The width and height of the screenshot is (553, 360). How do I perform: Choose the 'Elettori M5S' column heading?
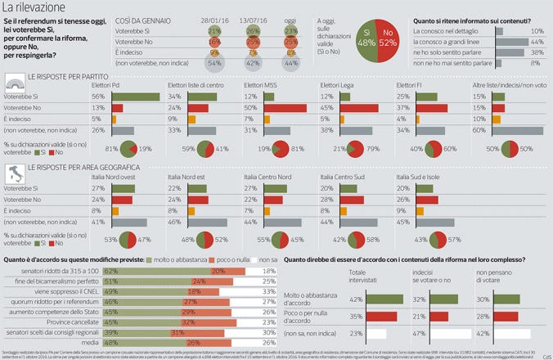point(260,83)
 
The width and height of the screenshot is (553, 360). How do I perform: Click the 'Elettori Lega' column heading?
point(337,83)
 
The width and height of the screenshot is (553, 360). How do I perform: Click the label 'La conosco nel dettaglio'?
point(449,30)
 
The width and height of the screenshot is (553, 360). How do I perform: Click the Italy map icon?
point(14,173)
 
